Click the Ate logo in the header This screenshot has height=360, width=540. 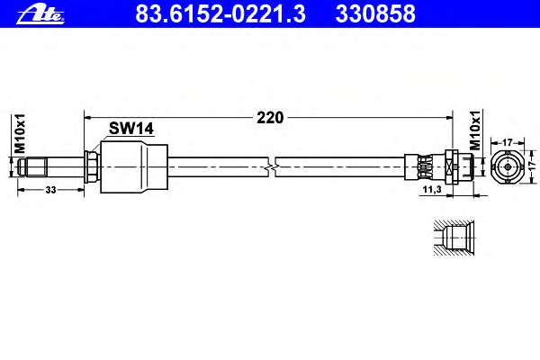point(40,14)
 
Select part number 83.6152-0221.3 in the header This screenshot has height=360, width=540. point(220,13)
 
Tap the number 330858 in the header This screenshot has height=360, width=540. point(375,13)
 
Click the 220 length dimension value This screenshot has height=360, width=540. point(270,118)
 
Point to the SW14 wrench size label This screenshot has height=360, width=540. point(130,129)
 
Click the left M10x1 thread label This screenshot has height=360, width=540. point(20,133)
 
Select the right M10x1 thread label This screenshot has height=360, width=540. point(475,130)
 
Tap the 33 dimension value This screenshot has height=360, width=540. point(50,190)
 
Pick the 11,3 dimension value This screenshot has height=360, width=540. point(432,190)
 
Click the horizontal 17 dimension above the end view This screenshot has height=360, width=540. point(508,142)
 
